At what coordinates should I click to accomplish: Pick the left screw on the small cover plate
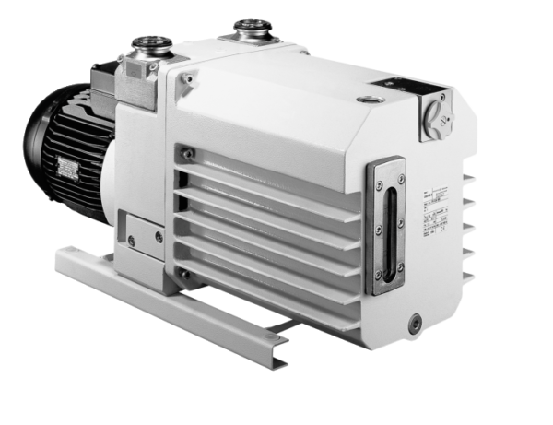pos(131,241)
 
